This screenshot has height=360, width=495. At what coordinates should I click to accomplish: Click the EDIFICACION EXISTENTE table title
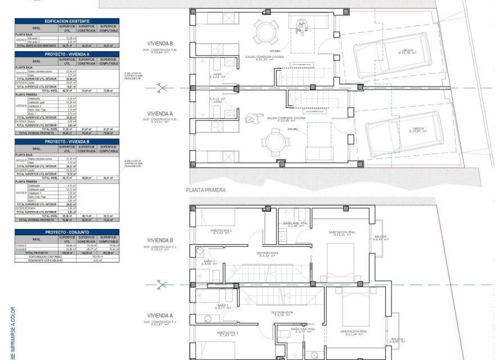67,21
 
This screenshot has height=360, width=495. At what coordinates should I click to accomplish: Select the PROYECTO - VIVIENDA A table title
67,54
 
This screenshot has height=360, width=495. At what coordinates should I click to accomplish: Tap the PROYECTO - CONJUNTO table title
67,232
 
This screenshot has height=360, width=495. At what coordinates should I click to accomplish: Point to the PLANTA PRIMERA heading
205,190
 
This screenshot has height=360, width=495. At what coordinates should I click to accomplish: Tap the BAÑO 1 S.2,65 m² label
210,262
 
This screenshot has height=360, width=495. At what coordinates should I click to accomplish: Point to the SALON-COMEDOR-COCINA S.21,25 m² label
273,58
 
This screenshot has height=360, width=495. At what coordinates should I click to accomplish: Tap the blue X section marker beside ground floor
162,88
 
